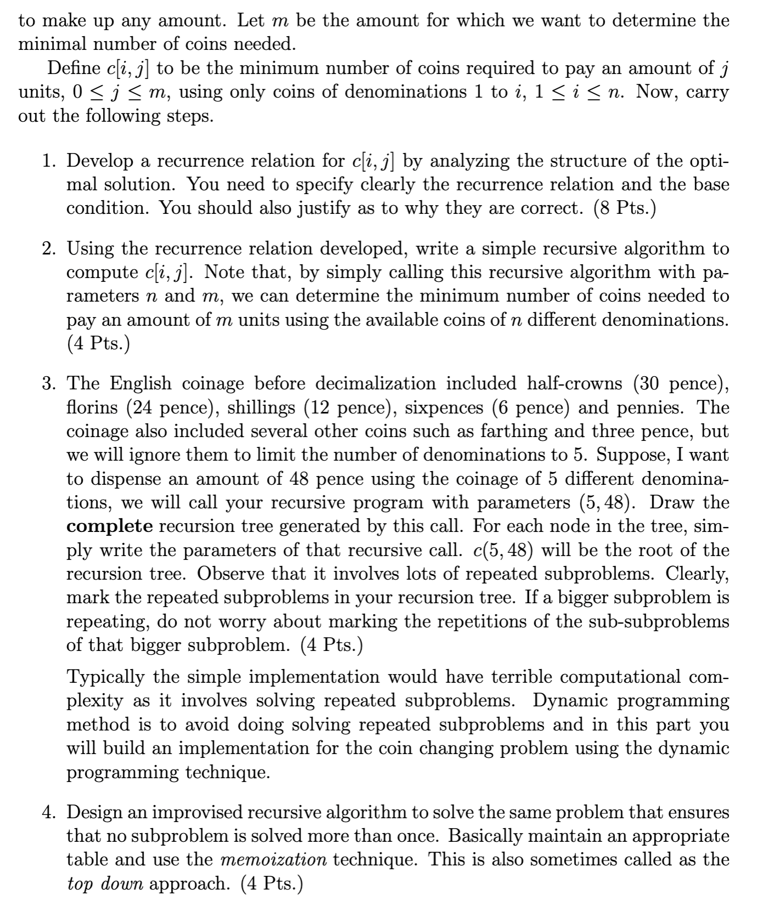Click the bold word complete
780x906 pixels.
(110, 526)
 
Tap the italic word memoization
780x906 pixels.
(273, 859)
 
